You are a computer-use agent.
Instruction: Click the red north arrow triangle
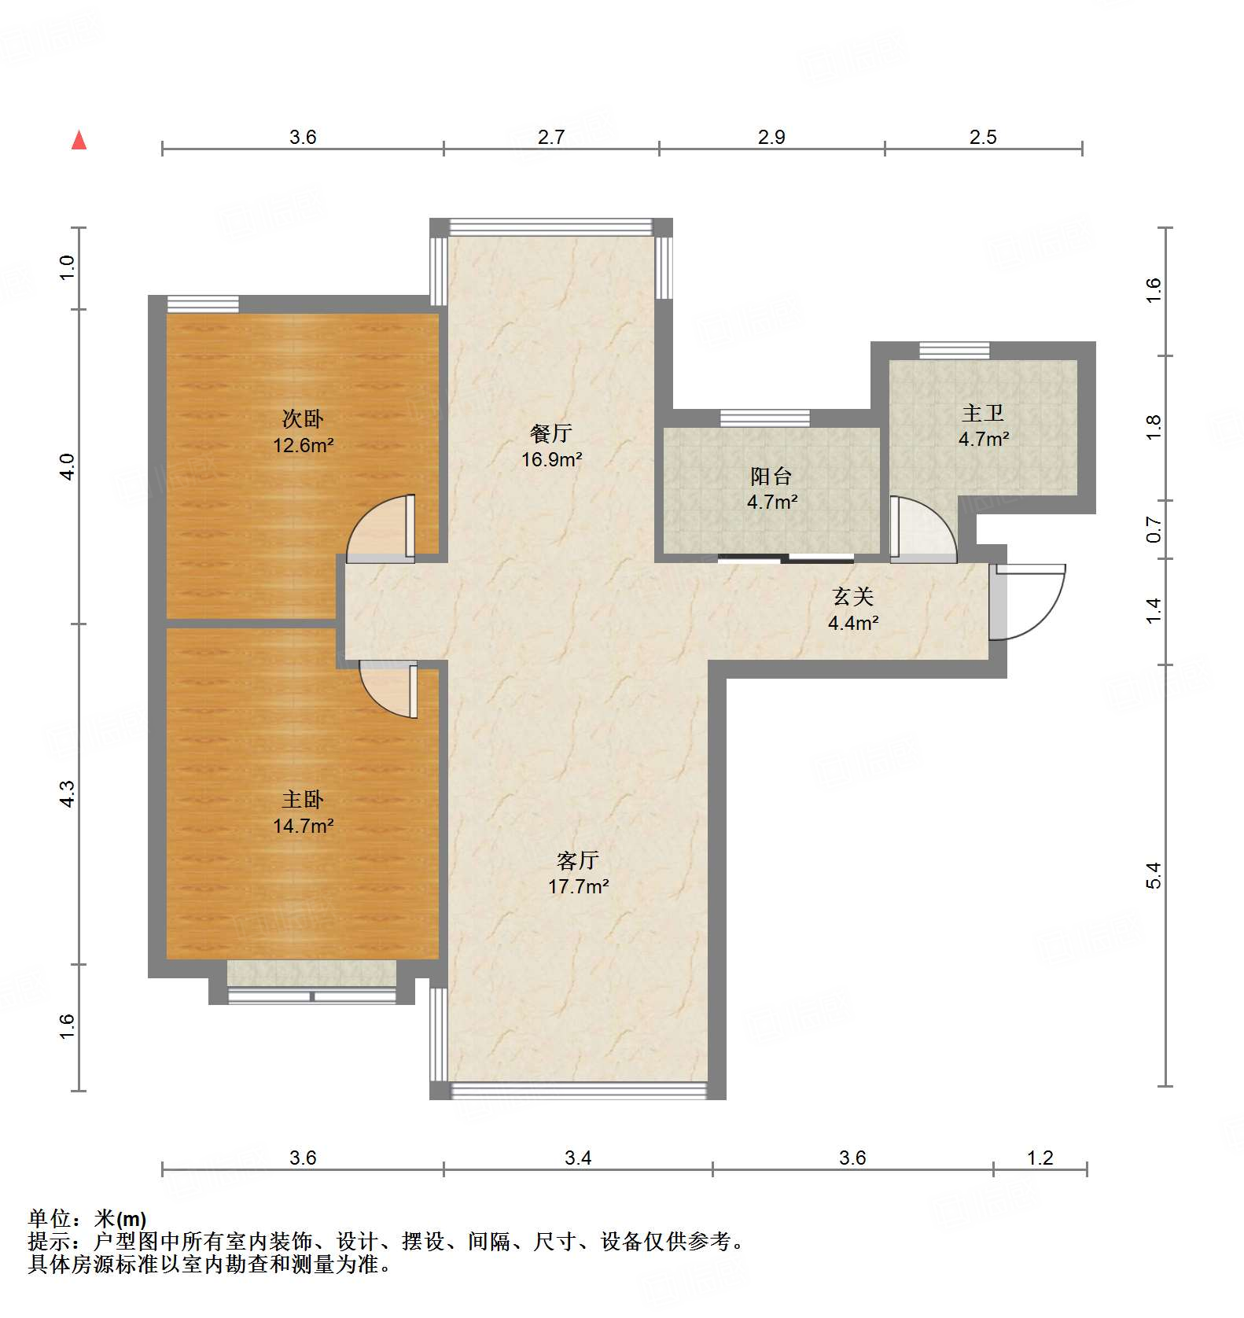(x=79, y=141)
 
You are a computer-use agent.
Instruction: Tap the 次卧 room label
(x=303, y=418)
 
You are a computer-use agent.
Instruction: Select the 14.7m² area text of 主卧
(x=303, y=826)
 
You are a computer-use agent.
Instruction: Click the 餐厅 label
(x=550, y=433)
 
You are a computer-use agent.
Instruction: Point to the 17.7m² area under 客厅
(x=578, y=886)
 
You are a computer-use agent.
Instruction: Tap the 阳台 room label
(x=771, y=476)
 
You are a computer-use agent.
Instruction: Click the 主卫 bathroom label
(x=983, y=413)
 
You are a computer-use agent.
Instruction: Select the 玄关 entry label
(x=853, y=597)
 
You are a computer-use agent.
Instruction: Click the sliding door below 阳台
(x=786, y=559)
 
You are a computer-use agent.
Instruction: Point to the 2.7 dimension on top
(x=551, y=137)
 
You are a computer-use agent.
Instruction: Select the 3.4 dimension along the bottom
(x=578, y=1158)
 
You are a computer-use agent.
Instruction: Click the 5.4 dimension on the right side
(x=1153, y=875)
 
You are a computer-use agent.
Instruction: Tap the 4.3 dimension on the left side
(x=68, y=793)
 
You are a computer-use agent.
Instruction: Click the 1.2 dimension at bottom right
(x=1040, y=1158)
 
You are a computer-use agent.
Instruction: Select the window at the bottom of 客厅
(x=578, y=1090)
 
